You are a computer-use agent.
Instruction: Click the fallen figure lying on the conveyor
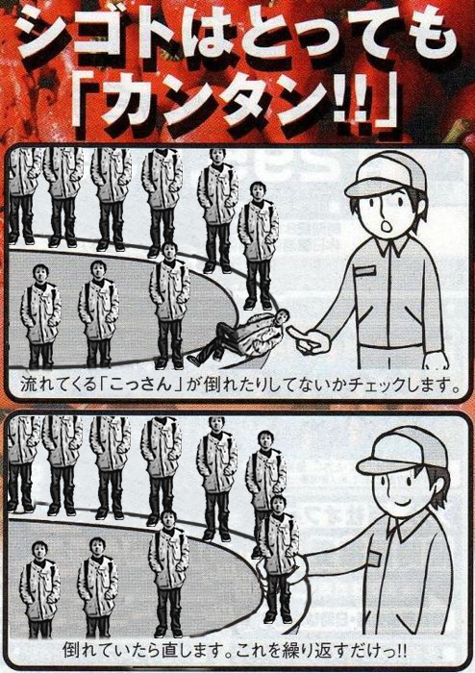tap(238, 337)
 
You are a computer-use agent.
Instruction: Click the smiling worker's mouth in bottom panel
tap(402, 501)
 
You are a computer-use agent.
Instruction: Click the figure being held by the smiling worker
tap(278, 559)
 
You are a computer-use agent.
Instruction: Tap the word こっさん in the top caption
tap(143, 384)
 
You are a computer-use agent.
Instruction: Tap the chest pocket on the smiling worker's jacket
tap(373, 558)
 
